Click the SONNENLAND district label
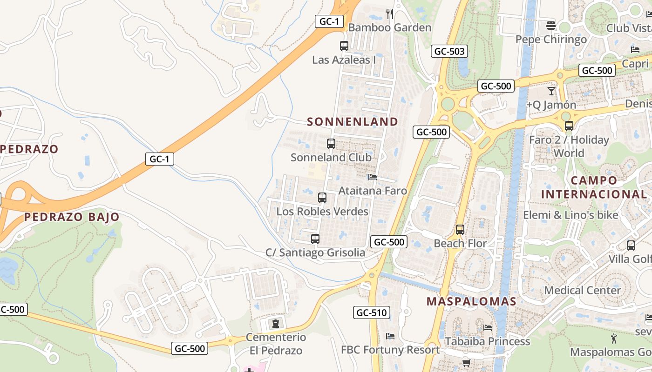tap(353, 122)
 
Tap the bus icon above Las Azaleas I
tap(344, 46)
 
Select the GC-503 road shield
tap(449, 51)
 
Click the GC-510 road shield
tap(371, 312)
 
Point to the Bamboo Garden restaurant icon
tap(390, 14)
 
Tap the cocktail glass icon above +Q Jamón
tap(551, 91)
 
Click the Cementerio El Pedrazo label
tap(276, 344)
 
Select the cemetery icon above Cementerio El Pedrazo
tap(276, 322)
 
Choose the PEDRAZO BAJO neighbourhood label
tap(72, 217)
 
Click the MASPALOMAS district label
tap(471, 301)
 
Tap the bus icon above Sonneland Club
tap(331, 144)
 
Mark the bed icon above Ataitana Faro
tap(372, 177)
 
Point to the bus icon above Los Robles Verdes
tap(322, 198)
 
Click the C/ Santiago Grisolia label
tap(315, 252)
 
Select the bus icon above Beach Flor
tap(460, 230)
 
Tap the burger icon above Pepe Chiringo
tap(551, 25)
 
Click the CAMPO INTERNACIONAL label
tap(593, 187)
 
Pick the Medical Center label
tap(582, 291)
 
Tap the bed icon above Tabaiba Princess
tap(488, 328)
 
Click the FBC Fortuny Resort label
tap(390, 350)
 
